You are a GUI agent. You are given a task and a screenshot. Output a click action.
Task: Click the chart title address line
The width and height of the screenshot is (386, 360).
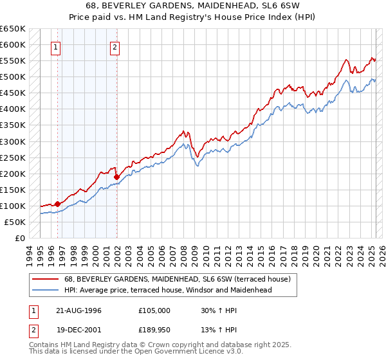[192, 6]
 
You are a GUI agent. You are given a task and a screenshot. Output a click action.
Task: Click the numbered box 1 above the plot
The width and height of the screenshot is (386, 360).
[57, 46]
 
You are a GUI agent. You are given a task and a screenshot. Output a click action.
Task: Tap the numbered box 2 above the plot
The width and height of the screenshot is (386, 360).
[115, 46]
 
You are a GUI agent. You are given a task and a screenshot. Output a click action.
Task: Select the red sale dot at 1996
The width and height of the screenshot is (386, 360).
[57, 204]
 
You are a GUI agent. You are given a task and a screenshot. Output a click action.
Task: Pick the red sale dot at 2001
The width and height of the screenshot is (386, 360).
[116, 177]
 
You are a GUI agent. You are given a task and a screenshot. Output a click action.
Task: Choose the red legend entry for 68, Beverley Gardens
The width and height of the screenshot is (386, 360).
[168, 279]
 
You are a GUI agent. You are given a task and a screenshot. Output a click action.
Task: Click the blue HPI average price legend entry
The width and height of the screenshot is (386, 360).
[167, 290]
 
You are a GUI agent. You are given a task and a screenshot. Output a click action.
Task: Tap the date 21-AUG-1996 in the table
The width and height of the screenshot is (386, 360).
[79, 310]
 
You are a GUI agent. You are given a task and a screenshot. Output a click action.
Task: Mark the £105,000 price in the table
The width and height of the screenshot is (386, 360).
[154, 310]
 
